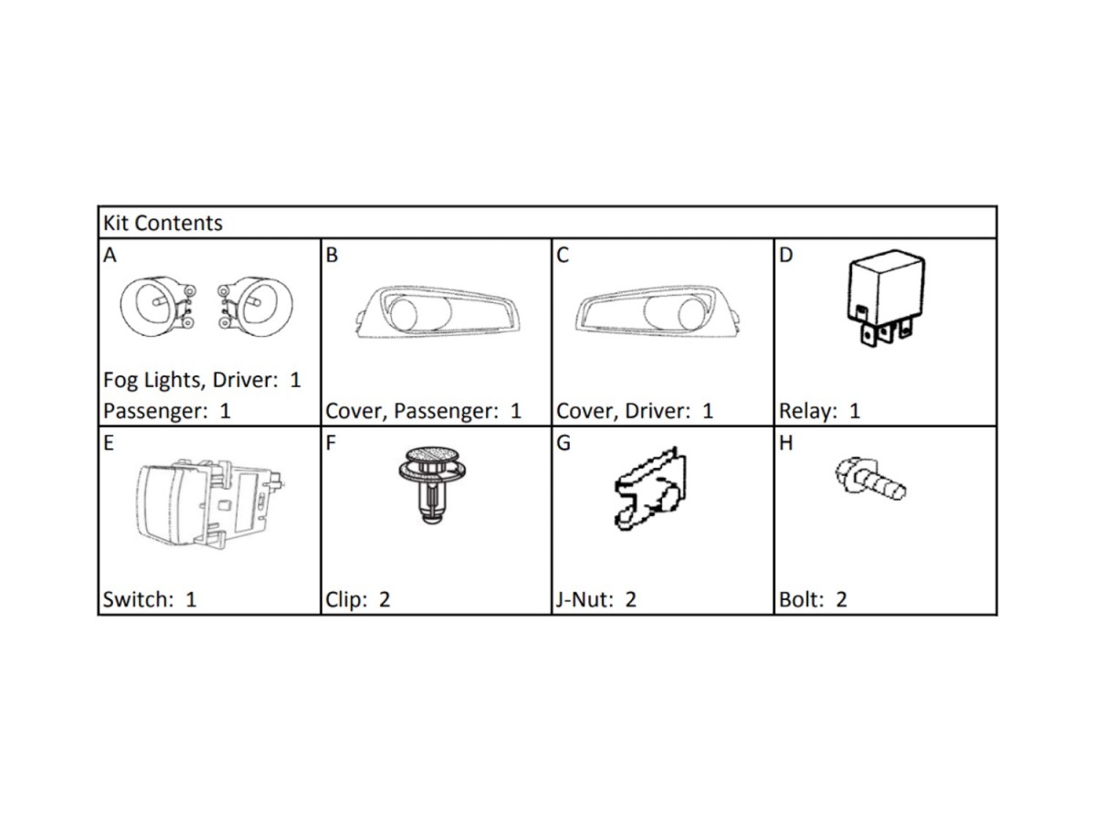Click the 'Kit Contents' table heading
[x=163, y=223]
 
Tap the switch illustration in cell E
[x=210, y=504]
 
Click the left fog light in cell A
[x=153, y=303]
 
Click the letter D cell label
[x=786, y=256]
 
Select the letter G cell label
[x=564, y=445]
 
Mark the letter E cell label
[x=109, y=445]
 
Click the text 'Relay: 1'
[x=819, y=411]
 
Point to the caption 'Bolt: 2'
[x=813, y=600]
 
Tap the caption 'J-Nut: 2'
[x=595, y=600]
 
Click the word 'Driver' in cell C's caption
[x=656, y=411]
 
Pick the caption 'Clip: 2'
[x=358, y=600]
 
